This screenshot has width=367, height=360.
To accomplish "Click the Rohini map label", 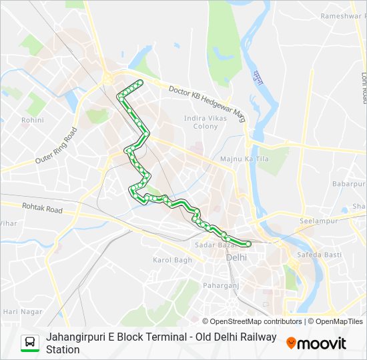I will pyautogui.click(x=32, y=120).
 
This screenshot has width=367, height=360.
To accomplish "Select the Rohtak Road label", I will pyautogui.click(x=42, y=209).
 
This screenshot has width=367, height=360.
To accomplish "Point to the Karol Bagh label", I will pyautogui.click(x=172, y=260).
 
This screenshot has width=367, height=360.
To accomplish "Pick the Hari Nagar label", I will pyautogui.click(x=23, y=311).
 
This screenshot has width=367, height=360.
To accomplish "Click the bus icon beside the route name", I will pyautogui.click(x=29, y=343).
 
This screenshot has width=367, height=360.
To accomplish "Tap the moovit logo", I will pyautogui.click(x=316, y=343).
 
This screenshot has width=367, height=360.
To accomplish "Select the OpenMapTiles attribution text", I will pyautogui.click(x=338, y=321).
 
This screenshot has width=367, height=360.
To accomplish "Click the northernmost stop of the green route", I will pyautogui.click(x=140, y=83).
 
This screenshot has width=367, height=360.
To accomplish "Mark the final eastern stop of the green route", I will pyautogui.click(x=248, y=244).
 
